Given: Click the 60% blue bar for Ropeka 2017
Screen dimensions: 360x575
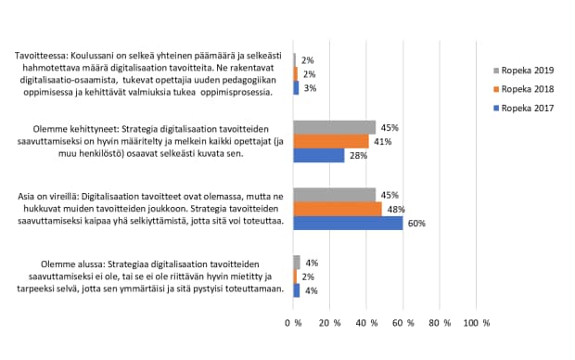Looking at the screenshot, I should point(348,223).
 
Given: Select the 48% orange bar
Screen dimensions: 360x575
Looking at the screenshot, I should point(338,209).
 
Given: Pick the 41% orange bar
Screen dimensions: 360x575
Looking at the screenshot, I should point(331,141).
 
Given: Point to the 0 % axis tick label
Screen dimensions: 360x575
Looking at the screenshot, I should point(293,323).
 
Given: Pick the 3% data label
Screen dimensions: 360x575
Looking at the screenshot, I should point(309,88).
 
